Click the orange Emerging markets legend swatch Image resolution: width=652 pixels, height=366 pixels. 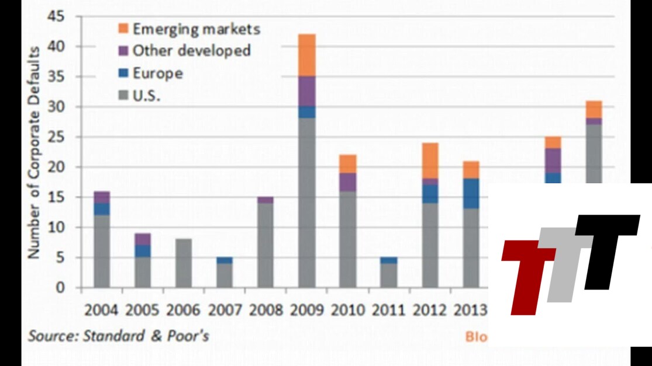pyautogui.click(x=122, y=28)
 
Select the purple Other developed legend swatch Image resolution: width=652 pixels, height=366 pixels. pyautogui.click(x=122, y=50)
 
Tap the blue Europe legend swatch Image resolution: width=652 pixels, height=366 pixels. pyautogui.click(x=122, y=73)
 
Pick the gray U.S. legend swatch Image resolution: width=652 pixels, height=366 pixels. pyautogui.click(x=122, y=96)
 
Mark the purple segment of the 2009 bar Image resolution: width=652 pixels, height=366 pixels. pyautogui.click(x=307, y=90)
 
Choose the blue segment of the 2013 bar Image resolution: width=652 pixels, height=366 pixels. pyautogui.click(x=471, y=194)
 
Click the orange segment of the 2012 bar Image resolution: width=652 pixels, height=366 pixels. pyautogui.click(x=430, y=161)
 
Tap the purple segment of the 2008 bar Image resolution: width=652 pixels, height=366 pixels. pyautogui.click(x=266, y=200)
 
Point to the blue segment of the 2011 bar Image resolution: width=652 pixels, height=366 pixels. pyautogui.click(x=389, y=260)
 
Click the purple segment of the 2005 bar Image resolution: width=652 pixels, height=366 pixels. pyautogui.click(x=143, y=239)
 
